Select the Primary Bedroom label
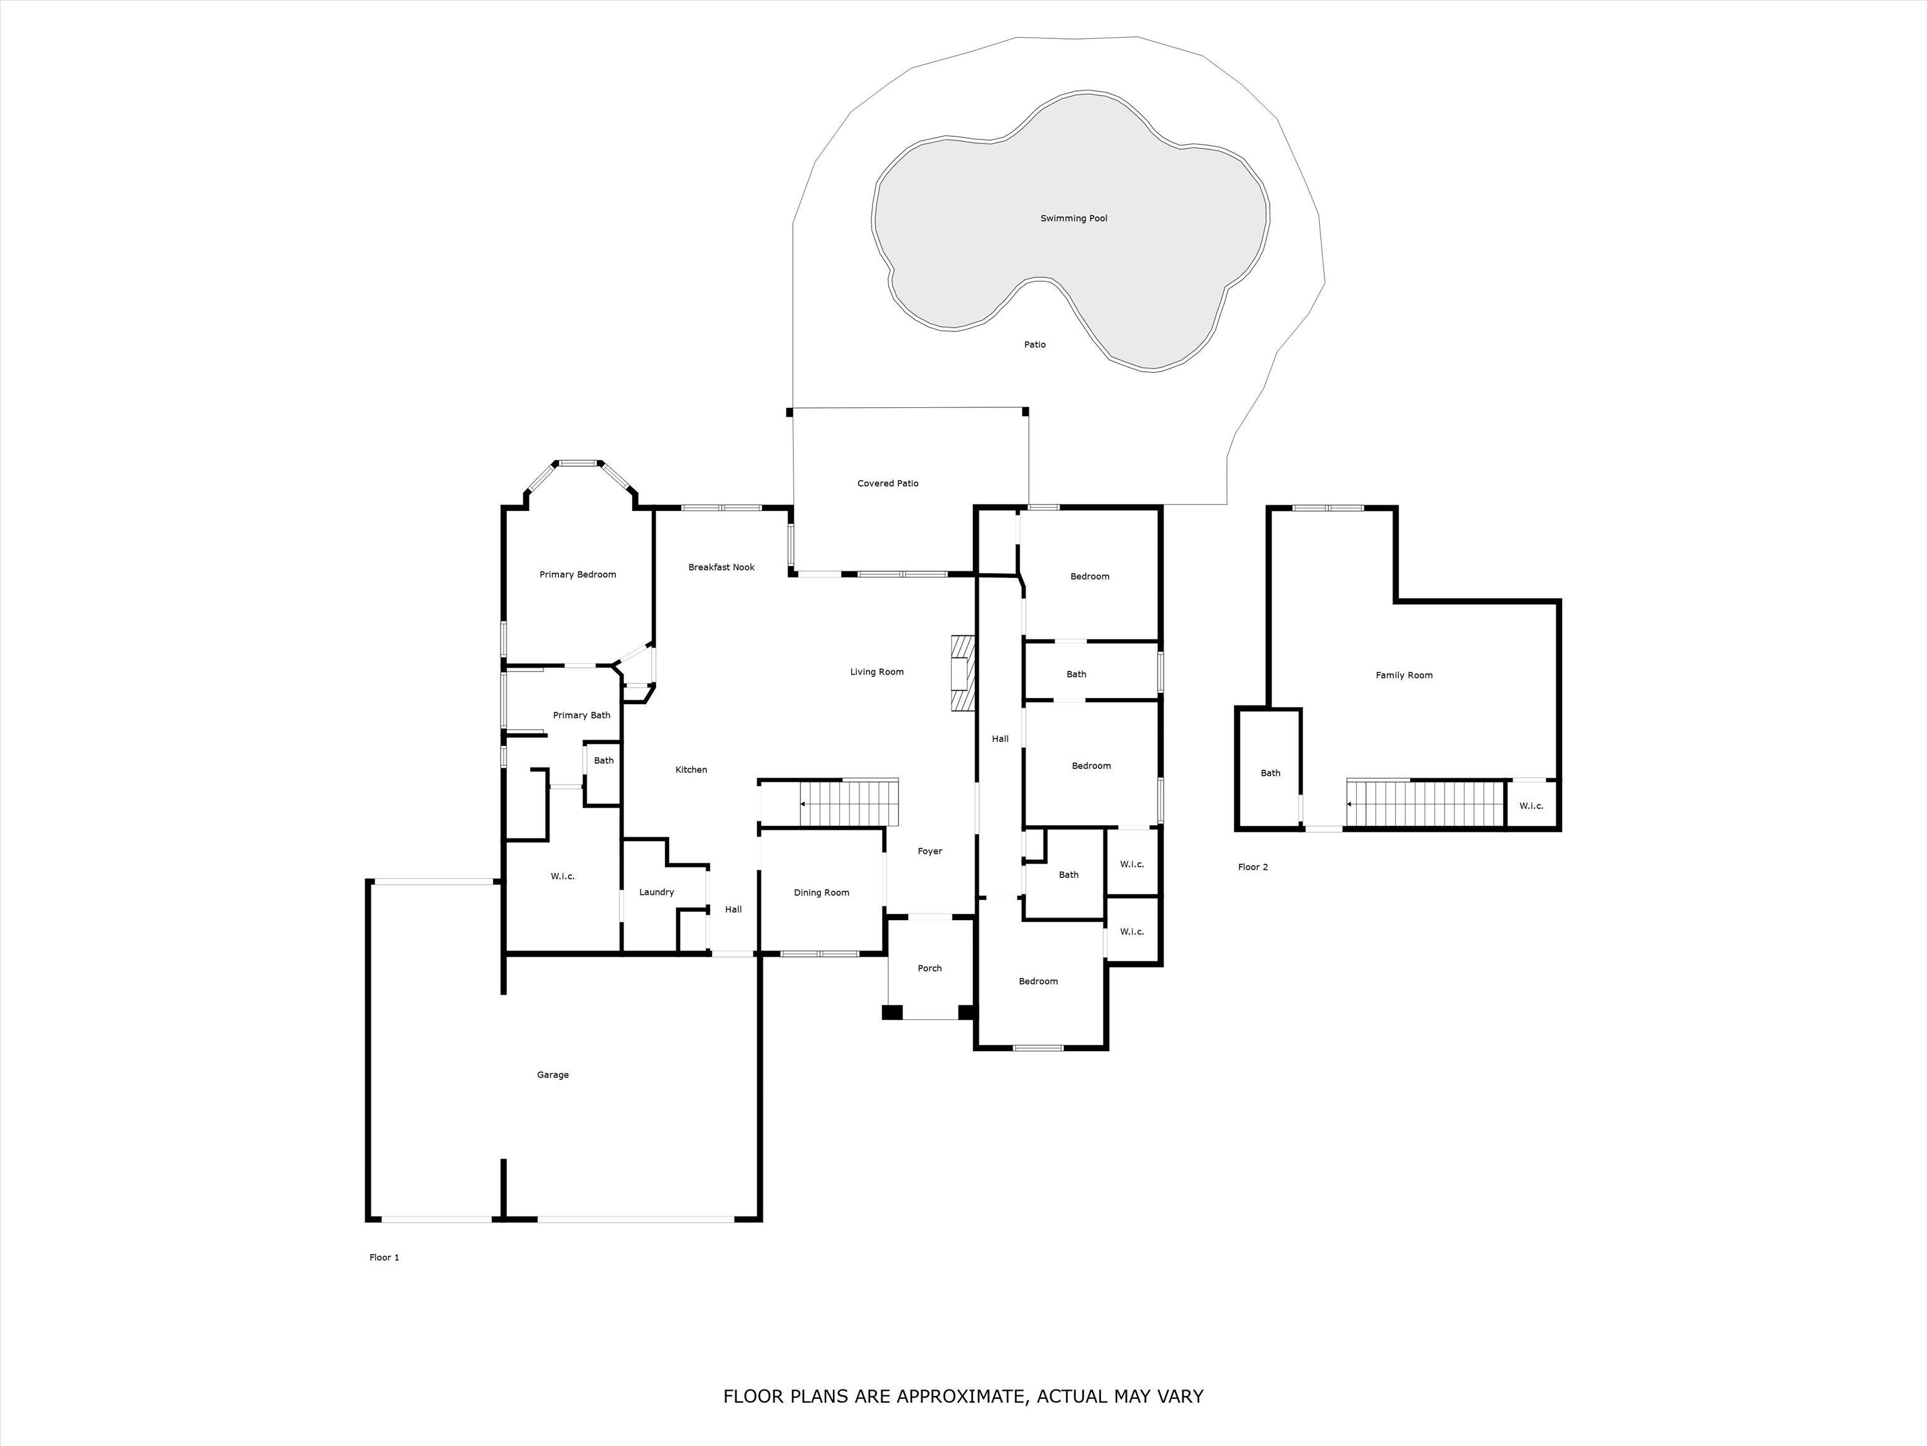point(578,574)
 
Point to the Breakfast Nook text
point(721,567)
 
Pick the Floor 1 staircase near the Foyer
point(849,803)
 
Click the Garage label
point(552,1074)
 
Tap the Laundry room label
point(656,892)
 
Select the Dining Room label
point(820,892)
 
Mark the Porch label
point(930,968)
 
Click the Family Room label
point(1403,675)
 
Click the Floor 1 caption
point(384,1258)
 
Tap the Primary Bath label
point(581,715)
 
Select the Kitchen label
point(691,769)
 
